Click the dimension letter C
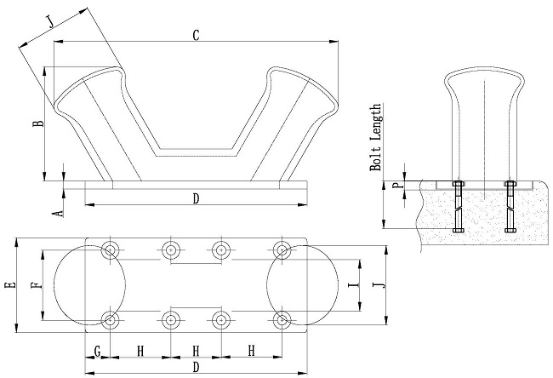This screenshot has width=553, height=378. [x=196, y=35]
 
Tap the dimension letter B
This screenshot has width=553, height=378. [x=37, y=124]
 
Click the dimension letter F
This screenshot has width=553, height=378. [x=36, y=285]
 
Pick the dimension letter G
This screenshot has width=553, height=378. [x=98, y=351]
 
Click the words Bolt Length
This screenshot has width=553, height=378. [x=375, y=139]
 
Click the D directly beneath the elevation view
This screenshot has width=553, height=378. [x=196, y=199]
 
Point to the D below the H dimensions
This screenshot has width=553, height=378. [x=196, y=367]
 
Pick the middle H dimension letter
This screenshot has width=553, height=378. [x=197, y=351]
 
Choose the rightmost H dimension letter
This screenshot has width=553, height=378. [x=251, y=351]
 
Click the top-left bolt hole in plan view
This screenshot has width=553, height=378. [x=111, y=250]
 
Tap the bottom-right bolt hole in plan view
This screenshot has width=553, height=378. [x=282, y=320]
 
